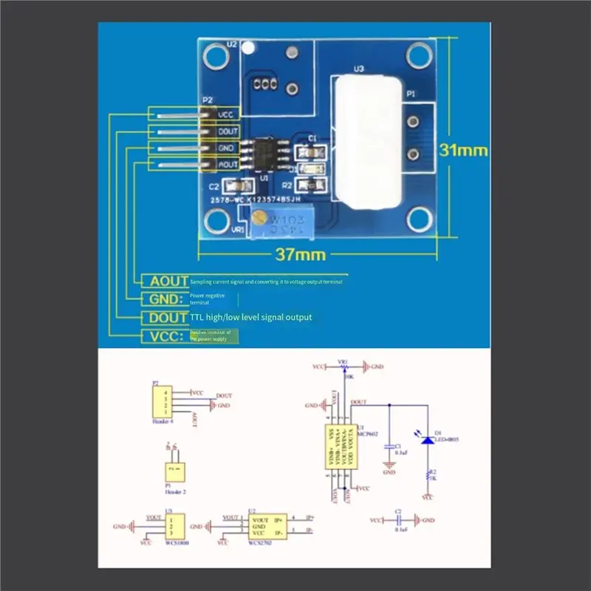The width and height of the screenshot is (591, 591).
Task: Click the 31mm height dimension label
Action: (464, 150)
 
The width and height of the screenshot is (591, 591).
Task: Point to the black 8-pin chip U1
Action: (264, 152)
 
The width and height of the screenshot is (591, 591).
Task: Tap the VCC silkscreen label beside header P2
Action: (226, 115)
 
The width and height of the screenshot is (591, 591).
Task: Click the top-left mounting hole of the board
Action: (216, 55)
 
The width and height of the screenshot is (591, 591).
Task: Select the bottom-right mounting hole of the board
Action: (420, 218)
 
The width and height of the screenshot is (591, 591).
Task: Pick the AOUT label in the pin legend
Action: (168, 281)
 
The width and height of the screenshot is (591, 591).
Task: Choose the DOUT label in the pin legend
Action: (168, 317)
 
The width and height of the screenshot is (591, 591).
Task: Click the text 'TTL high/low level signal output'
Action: (251, 317)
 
